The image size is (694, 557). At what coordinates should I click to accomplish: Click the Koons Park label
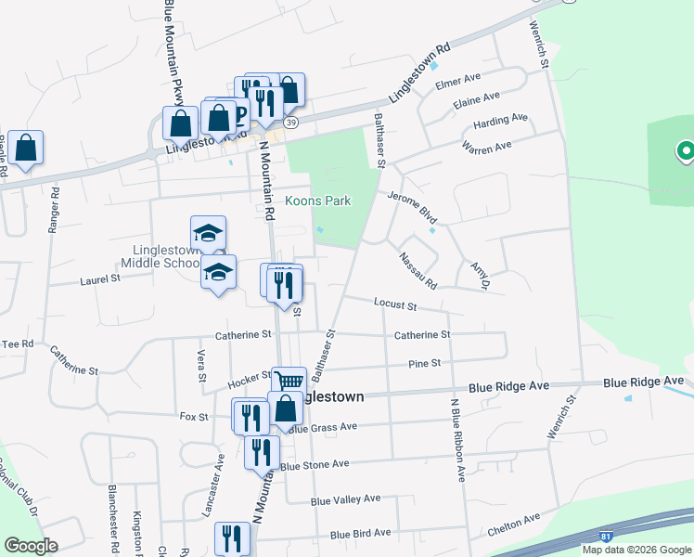317,201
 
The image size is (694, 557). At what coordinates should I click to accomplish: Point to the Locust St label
395,304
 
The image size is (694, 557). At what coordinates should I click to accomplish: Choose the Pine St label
423,364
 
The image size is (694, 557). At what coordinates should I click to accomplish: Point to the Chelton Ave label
513,525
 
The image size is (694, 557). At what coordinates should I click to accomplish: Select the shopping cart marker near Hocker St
289,382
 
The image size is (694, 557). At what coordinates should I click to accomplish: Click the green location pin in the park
687,149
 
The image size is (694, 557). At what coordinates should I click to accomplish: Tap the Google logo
31,545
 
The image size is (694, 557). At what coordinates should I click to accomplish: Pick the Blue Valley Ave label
345,499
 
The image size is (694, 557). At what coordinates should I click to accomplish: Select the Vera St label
200,365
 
